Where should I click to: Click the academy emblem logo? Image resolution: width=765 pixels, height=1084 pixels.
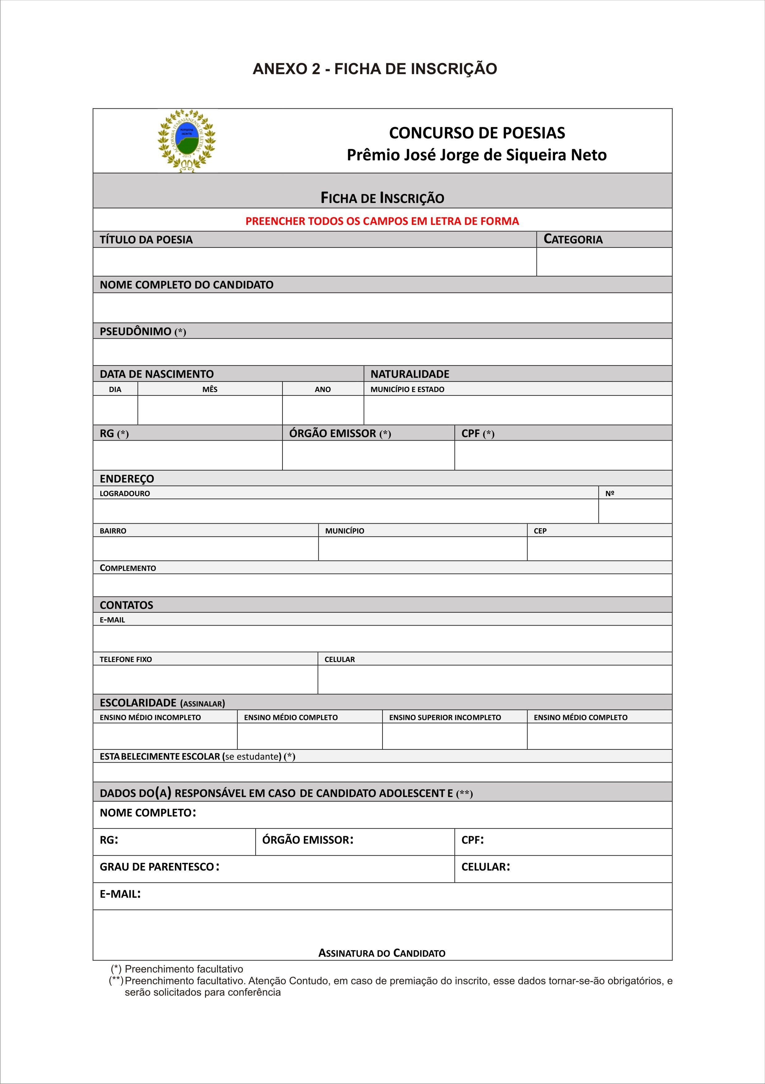(186, 140)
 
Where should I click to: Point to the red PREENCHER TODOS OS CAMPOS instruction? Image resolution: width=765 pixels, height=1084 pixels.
(382, 221)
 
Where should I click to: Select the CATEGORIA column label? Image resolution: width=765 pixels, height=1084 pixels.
(573, 239)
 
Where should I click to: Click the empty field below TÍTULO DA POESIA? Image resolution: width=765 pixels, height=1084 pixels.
(314, 262)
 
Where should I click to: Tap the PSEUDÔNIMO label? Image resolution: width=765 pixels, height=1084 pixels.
(136, 331)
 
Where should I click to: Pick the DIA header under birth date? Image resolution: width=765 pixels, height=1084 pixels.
(115, 390)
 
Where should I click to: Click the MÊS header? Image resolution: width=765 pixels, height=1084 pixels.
(210, 390)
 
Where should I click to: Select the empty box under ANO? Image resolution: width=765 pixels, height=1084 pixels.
(323, 410)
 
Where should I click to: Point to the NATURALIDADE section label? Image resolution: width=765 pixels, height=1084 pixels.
(410, 374)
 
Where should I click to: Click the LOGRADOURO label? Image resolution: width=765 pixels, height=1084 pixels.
(125, 493)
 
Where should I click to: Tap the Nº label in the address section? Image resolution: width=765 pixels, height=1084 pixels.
(610, 493)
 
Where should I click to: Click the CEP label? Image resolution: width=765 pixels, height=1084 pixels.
(540, 531)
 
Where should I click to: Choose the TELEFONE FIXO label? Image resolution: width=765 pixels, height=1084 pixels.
(126, 659)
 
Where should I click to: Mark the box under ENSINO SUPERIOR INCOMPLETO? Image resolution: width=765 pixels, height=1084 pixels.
(454, 736)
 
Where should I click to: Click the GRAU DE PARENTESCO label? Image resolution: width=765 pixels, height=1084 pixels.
(157, 867)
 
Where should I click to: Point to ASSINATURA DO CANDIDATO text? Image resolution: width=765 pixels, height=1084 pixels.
(382, 953)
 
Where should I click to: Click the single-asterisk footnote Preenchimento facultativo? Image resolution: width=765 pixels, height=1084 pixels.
(184, 969)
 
